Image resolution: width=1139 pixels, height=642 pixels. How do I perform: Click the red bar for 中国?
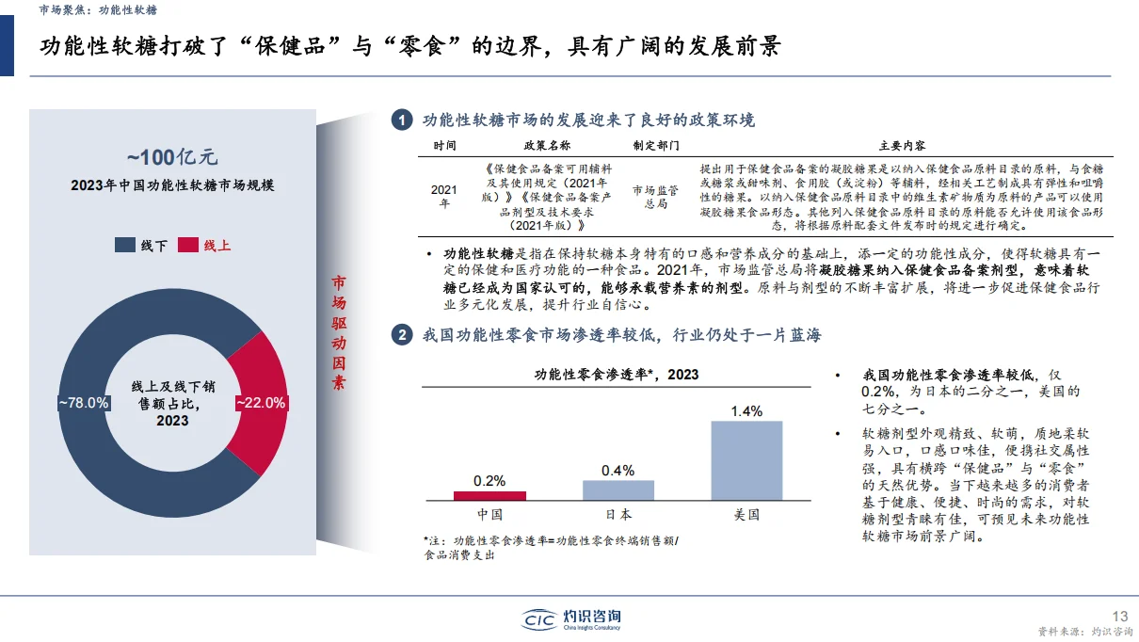pos(489,495)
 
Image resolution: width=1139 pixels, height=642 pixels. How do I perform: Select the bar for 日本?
pos(618,490)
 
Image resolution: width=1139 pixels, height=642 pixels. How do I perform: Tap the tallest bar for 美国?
pos(746,459)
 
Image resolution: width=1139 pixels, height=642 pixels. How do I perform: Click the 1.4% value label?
pos(746,411)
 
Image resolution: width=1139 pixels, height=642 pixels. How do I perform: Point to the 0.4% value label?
pos(618,470)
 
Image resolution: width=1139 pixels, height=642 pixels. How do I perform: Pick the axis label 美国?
pos(746,515)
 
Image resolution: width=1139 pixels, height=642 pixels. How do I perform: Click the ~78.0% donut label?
pos(84,402)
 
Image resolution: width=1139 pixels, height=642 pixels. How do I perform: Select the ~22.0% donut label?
pos(261,402)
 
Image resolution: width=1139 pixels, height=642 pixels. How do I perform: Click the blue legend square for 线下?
pos(124,245)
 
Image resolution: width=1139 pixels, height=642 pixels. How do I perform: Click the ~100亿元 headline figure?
pos(172,157)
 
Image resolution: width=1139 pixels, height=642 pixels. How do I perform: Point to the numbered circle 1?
pos(402,120)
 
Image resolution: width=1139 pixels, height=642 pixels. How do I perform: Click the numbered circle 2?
pos(402,335)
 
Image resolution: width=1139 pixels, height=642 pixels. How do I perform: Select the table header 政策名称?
pos(547,146)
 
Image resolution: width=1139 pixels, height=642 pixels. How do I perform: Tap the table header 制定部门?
pos(656,146)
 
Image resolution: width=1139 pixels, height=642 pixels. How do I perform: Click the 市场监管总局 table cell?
pos(656,197)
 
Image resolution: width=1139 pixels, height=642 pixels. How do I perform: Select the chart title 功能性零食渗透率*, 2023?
pos(617,375)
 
